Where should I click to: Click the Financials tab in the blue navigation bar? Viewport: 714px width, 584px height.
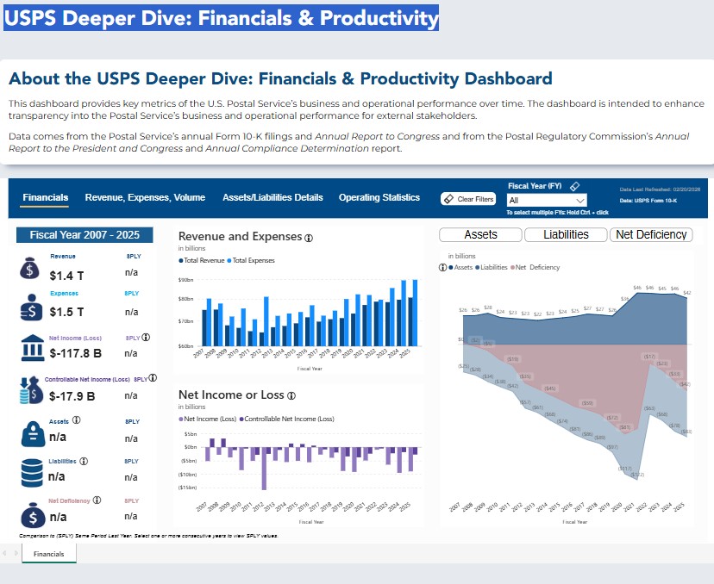tap(46, 197)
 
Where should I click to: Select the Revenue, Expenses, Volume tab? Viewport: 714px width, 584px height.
tap(145, 197)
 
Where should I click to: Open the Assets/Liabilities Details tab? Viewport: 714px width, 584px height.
tap(272, 197)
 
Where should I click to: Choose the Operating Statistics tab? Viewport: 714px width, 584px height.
tap(379, 197)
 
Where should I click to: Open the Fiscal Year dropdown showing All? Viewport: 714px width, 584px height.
tap(548, 200)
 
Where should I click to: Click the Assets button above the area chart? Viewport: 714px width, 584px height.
tap(480, 234)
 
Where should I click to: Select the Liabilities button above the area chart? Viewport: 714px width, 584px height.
tap(566, 234)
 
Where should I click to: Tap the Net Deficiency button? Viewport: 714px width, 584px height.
tap(651, 234)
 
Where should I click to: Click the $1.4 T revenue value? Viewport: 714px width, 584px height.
tap(66, 276)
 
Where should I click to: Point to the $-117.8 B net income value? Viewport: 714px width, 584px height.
tap(76, 353)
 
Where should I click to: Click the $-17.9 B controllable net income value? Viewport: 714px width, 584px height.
tap(72, 396)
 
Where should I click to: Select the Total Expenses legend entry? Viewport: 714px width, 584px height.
tap(252, 259)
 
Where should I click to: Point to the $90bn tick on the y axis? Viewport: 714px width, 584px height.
tap(185, 280)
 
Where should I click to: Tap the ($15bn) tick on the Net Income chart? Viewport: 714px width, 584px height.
tap(187, 488)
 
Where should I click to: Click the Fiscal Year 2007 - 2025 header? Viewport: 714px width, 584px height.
tap(85, 234)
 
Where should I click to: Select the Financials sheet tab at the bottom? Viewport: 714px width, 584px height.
tap(48, 554)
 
